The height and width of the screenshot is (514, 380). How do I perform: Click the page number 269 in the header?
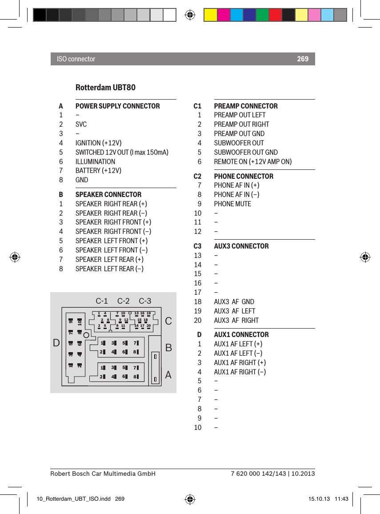point(303,59)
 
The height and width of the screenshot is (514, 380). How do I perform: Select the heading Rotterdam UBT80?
point(105,87)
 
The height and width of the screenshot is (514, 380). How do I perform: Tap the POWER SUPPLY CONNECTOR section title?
point(117,106)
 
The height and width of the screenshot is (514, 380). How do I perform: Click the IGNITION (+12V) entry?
point(98,143)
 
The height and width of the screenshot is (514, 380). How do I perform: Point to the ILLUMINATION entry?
point(95,161)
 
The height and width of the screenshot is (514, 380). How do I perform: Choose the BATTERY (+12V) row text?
point(98,171)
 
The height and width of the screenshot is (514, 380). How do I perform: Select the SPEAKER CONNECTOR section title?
point(108,194)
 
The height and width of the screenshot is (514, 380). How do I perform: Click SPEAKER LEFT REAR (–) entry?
point(109,269)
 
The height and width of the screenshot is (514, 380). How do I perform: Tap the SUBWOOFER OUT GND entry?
point(246,152)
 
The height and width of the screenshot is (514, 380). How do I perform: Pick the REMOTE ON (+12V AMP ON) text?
point(253,161)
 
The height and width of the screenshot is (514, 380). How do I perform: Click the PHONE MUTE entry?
point(232,204)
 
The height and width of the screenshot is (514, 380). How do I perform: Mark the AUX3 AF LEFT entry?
point(234,311)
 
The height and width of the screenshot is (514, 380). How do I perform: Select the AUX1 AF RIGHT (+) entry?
point(240,362)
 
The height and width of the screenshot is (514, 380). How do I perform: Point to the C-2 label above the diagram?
point(124,301)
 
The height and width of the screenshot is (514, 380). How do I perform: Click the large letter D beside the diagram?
point(56,343)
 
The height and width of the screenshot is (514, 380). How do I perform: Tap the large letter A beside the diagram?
point(168,375)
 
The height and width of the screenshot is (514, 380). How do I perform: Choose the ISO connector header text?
point(76,59)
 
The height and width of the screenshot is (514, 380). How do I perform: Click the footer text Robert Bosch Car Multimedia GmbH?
point(103,474)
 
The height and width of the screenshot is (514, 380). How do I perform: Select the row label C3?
point(197,246)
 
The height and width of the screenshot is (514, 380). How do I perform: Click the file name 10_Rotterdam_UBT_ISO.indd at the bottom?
point(68,499)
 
